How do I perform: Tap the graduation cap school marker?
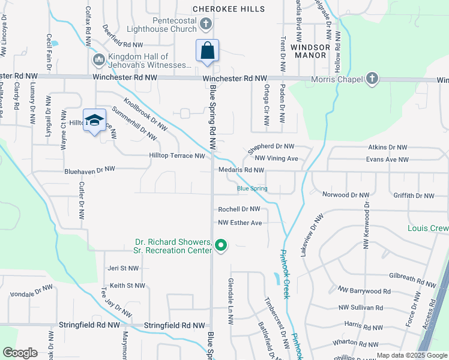(94, 120)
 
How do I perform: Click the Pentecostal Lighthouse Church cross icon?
(205, 24)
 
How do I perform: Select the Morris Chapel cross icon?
(372, 79)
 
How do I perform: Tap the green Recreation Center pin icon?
(221, 245)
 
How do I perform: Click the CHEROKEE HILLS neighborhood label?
(228, 9)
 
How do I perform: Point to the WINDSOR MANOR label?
(310, 50)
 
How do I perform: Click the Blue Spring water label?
(252, 188)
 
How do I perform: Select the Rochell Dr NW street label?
(239, 209)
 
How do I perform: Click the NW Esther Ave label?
(240, 223)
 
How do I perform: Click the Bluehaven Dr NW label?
(89, 170)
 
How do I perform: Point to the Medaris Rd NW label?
(241, 170)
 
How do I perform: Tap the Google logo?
(20, 353)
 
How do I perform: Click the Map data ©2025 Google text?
(411, 355)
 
